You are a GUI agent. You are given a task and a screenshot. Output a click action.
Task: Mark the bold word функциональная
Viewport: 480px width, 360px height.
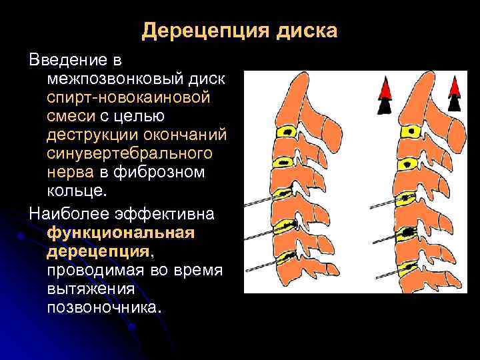click(x=120, y=234)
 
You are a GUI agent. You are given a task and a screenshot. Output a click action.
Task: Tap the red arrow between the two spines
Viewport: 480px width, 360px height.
click(x=385, y=89)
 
